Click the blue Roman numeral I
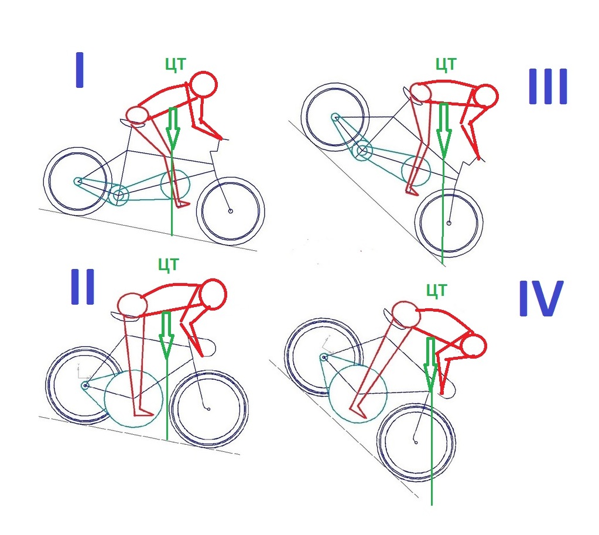tap(80, 70)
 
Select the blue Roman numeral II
tap(83, 288)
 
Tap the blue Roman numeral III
tap(548, 87)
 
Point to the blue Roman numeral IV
tap(540, 298)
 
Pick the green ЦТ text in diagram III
tap(446, 64)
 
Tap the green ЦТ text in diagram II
tap(169, 264)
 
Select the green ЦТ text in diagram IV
tap(436, 289)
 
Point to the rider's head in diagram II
tap(213, 292)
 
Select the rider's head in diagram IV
tap(473, 346)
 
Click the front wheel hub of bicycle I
tap(230, 211)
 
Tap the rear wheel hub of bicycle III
tap(336, 117)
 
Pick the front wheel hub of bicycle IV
tap(416, 442)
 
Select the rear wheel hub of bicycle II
tap(85, 386)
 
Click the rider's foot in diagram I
tap(183, 204)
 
